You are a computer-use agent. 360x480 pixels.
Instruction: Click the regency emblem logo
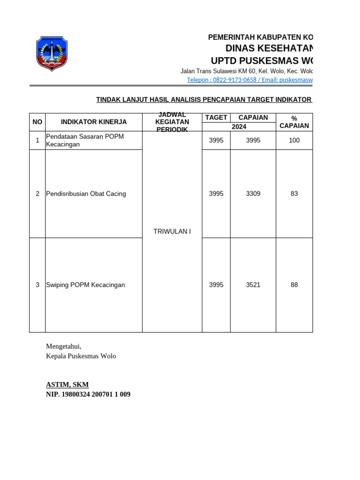[52, 53]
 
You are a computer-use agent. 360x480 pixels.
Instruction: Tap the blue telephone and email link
[249, 80]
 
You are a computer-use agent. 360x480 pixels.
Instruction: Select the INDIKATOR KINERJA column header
[94, 122]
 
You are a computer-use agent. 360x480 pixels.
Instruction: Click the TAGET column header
[216, 118]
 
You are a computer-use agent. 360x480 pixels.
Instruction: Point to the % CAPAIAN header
[294, 122]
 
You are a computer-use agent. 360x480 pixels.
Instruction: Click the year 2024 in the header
[239, 127]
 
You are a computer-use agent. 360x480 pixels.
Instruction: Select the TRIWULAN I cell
[172, 232]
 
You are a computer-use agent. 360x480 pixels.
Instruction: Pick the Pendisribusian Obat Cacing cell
[86, 194]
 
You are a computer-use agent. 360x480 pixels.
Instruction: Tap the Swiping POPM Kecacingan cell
[85, 285]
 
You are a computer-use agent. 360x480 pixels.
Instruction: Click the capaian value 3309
[253, 194]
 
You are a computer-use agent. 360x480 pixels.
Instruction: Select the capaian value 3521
[253, 285]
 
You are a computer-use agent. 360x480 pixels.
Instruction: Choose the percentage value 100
[294, 140]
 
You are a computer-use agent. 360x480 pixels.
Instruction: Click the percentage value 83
[294, 194]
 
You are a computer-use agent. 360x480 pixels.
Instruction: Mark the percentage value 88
[294, 285]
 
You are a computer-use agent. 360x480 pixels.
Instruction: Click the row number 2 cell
[37, 194]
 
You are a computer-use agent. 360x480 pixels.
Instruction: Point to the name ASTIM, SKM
[67, 385]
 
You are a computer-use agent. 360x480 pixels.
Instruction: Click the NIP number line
[88, 395]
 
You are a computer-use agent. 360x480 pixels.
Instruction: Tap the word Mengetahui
[63, 346]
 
